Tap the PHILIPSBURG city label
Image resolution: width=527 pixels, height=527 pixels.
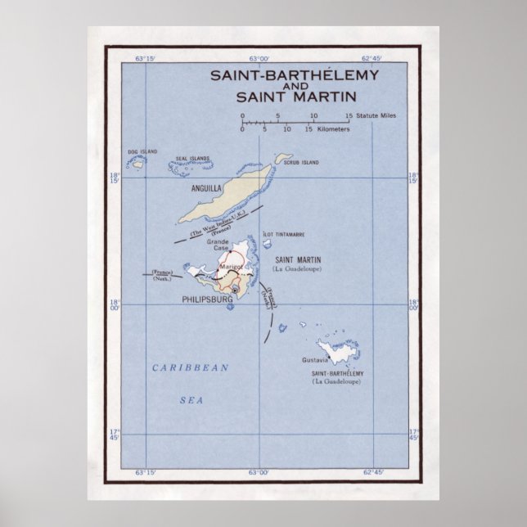click(x=207, y=299)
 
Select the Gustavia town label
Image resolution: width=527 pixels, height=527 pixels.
click(x=315, y=360)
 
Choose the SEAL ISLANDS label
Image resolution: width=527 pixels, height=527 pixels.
click(x=193, y=159)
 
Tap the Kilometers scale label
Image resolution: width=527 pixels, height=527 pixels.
click(x=334, y=129)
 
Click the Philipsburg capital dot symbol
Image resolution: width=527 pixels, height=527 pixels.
click(x=235, y=290)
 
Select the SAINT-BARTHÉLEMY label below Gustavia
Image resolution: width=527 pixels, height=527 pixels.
click(x=336, y=374)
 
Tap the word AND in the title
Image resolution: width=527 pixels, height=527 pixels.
click(x=294, y=86)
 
